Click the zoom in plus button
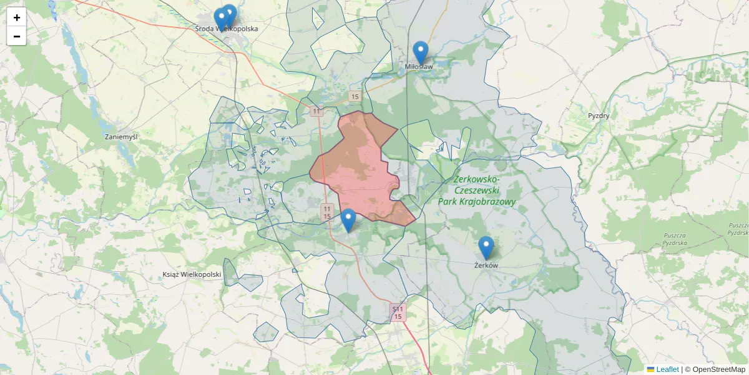click(16, 17)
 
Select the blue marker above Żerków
click(486, 247)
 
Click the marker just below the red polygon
click(348, 220)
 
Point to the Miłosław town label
click(418, 67)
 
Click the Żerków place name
click(486, 266)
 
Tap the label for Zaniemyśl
click(121, 136)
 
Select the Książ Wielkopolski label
click(192, 274)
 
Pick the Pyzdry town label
click(598, 116)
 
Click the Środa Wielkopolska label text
click(226, 29)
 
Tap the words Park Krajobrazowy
click(476, 202)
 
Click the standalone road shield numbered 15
click(355, 96)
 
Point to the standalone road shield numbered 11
click(316, 111)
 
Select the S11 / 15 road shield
click(398, 312)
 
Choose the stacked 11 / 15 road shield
click(327, 212)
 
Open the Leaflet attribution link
click(667, 369)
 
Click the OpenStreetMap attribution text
click(715, 369)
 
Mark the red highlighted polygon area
click(359, 169)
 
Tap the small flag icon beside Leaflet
click(650, 369)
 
